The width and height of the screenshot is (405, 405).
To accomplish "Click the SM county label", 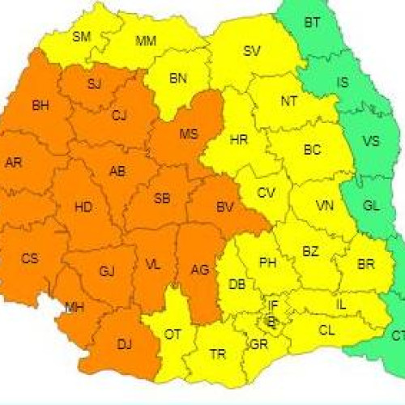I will coord(82,36).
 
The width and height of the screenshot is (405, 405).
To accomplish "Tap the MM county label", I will coord(147,40).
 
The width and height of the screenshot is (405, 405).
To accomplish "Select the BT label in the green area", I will coord(312,23).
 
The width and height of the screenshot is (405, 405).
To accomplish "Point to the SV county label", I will coord(252,52).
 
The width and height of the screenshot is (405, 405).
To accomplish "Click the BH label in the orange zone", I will coord(40,104).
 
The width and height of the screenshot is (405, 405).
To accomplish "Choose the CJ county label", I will coord(119,116).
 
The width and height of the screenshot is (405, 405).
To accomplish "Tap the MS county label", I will coord(188,133).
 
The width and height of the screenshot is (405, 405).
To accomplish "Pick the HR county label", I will coord(238,140).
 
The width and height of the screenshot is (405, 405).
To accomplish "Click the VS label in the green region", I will coord(370,141).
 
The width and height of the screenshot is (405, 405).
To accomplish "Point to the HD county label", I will coord(83,207).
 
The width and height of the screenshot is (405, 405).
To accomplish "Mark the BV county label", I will coord(224,208).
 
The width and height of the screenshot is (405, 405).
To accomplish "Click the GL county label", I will coord(371,206).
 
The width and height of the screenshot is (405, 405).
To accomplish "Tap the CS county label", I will coord(30,258).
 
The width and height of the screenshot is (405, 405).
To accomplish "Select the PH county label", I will coord(268,262).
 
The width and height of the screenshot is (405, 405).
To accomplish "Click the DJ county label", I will coord(124,345).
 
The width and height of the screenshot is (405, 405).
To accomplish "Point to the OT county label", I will coord(172,333).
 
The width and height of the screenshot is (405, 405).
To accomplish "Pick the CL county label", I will coord(326,330).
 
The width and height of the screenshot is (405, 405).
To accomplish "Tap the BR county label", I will coord(365,265).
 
